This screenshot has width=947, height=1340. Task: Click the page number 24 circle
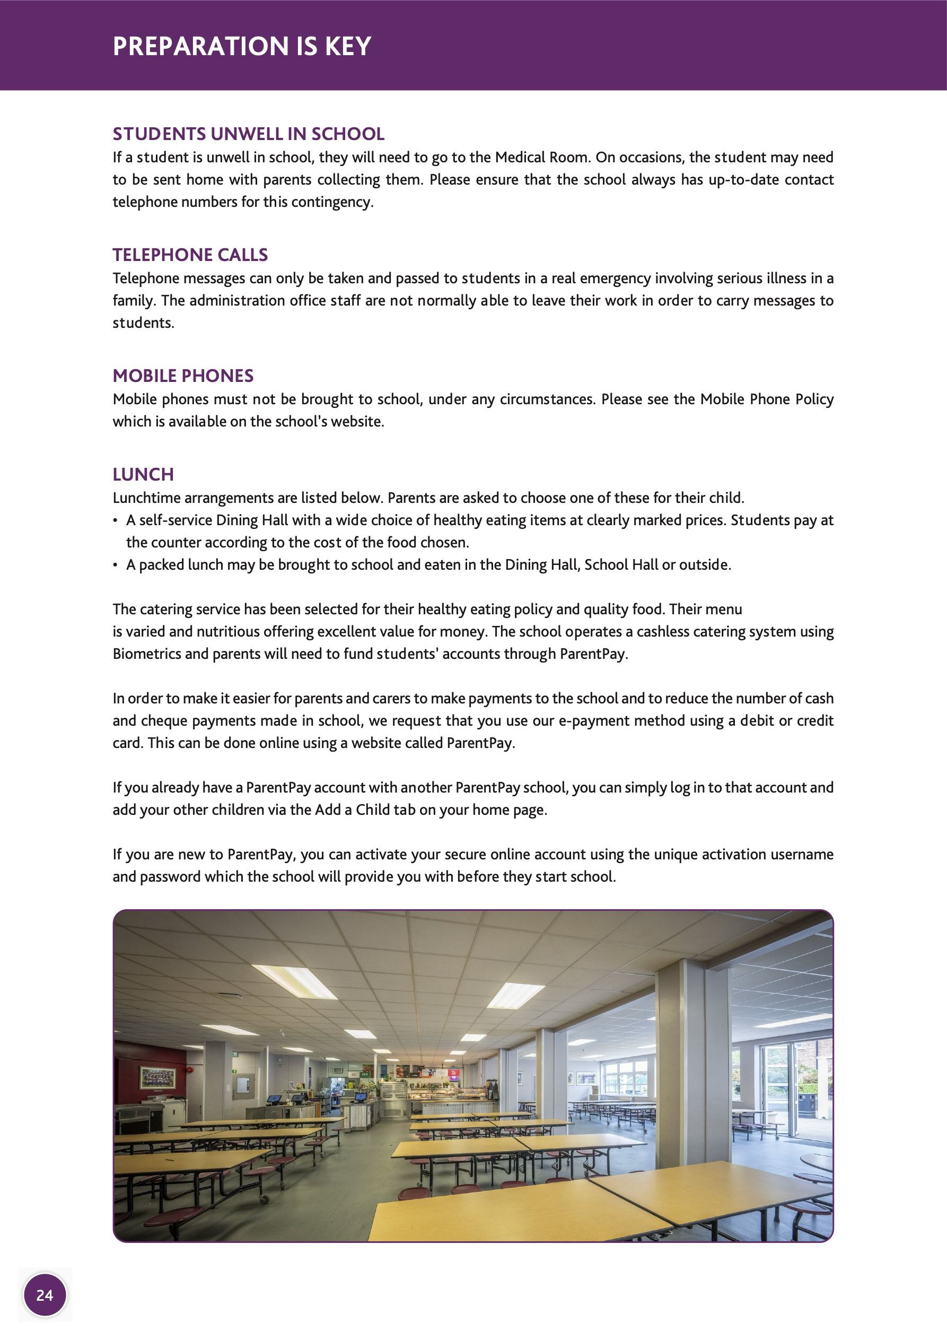[45, 1295]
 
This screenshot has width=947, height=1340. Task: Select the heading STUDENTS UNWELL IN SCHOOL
[248, 134]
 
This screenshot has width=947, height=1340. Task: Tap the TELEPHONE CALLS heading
[190, 255]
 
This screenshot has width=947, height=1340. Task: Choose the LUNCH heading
[143, 474]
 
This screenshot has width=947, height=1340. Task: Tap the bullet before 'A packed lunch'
[115, 565]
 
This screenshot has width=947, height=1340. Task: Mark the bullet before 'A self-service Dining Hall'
[115, 520]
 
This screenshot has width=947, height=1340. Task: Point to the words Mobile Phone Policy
[767, 399]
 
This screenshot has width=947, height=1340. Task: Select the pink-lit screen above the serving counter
[453, 1072]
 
